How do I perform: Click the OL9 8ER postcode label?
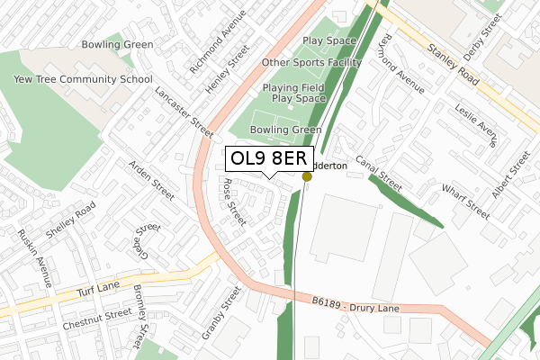269,159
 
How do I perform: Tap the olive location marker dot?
307,176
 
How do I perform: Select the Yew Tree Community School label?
83,79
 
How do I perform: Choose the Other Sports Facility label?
311,63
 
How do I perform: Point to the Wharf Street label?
465,202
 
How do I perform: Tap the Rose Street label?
233,201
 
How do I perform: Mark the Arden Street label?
151,180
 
